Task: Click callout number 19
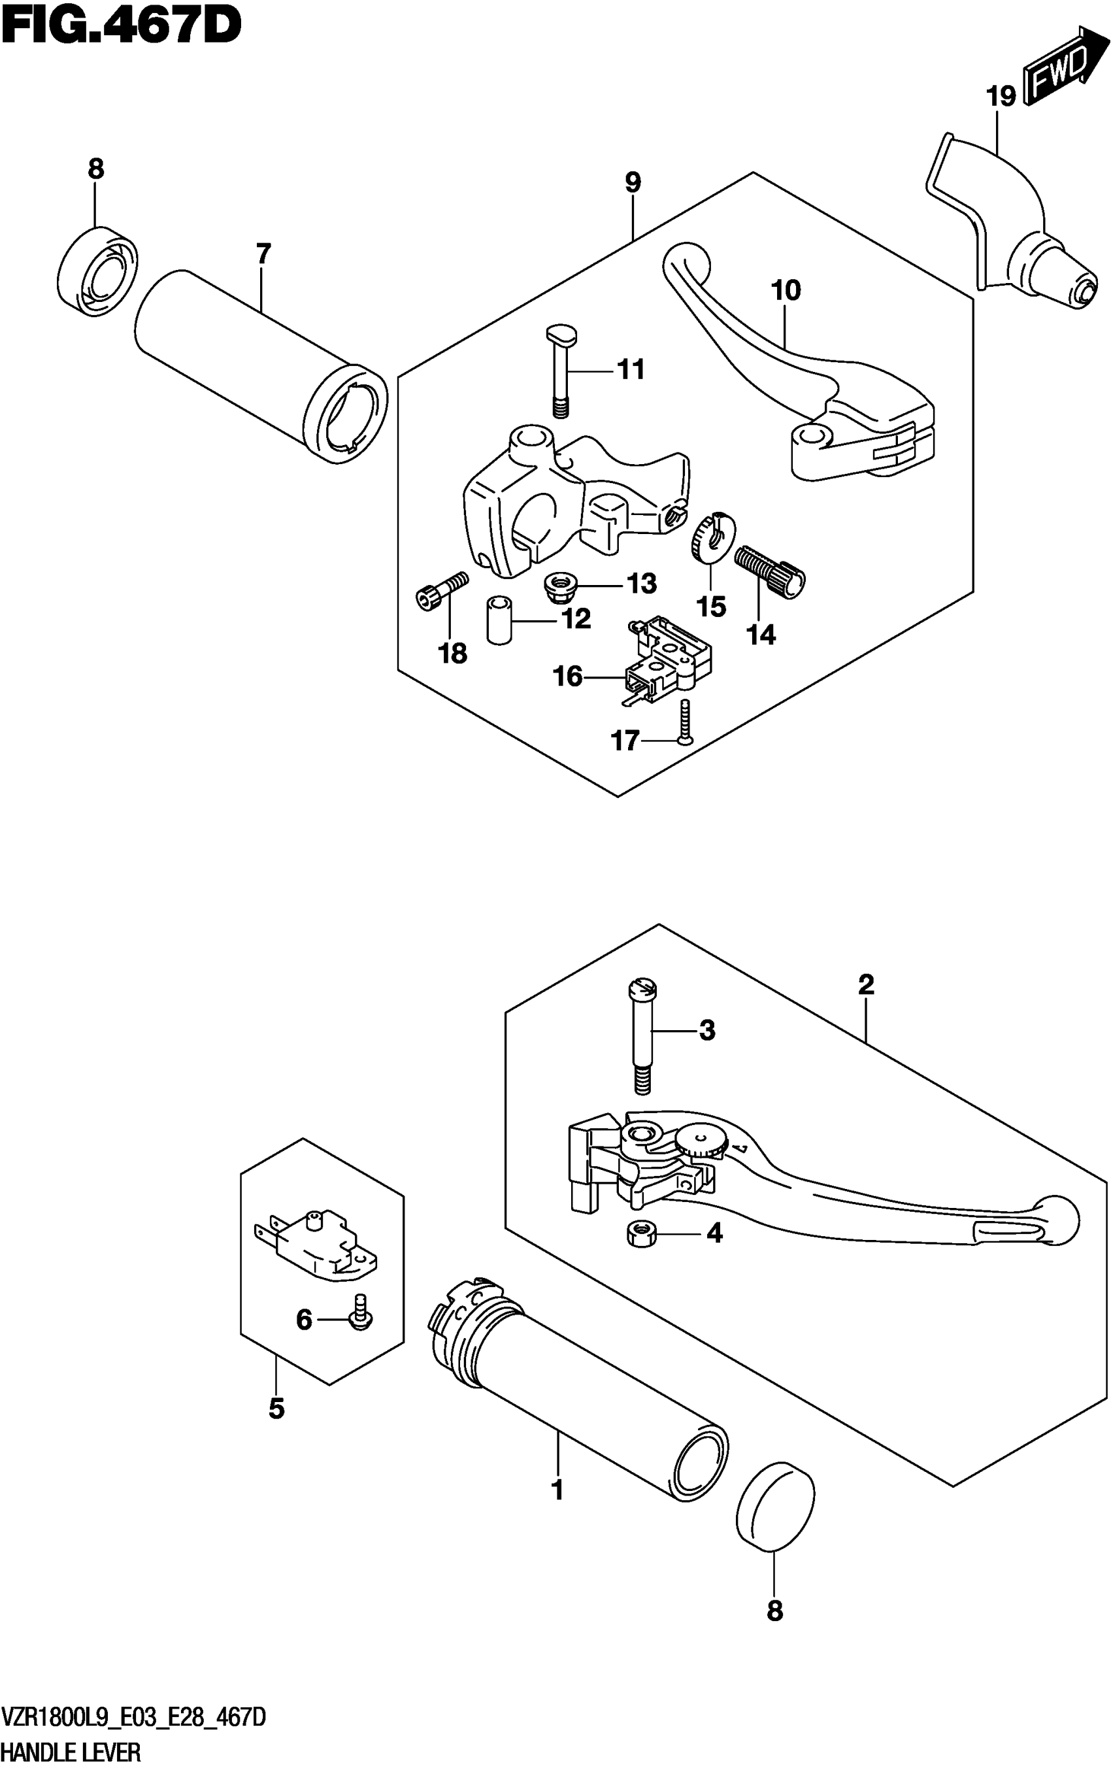point(1001,96)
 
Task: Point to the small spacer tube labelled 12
point(499,621)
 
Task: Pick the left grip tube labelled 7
point(261,367)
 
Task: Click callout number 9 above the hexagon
point(633,182)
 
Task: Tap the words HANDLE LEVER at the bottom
point(71,1754)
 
